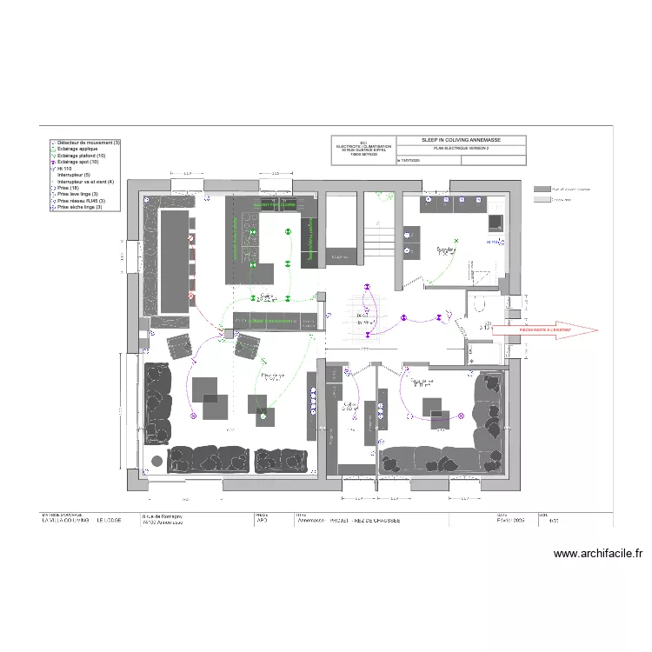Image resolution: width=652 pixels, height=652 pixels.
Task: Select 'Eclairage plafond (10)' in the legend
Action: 83,156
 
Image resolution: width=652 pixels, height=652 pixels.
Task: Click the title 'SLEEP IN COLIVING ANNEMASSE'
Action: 461,140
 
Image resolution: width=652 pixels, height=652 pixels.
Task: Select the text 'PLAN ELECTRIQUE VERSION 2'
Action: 461,150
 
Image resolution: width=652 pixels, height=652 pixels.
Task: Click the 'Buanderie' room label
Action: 447,249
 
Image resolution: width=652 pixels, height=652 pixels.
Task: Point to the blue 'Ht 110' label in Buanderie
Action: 492,242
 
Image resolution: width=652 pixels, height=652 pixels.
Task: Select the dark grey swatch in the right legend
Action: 542,189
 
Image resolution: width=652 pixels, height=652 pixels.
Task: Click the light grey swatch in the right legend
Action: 542,199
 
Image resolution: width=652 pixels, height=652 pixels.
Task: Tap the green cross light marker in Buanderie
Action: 451,242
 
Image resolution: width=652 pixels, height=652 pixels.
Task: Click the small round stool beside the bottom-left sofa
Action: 156,459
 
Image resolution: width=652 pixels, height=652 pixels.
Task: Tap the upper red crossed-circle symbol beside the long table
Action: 189,236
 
